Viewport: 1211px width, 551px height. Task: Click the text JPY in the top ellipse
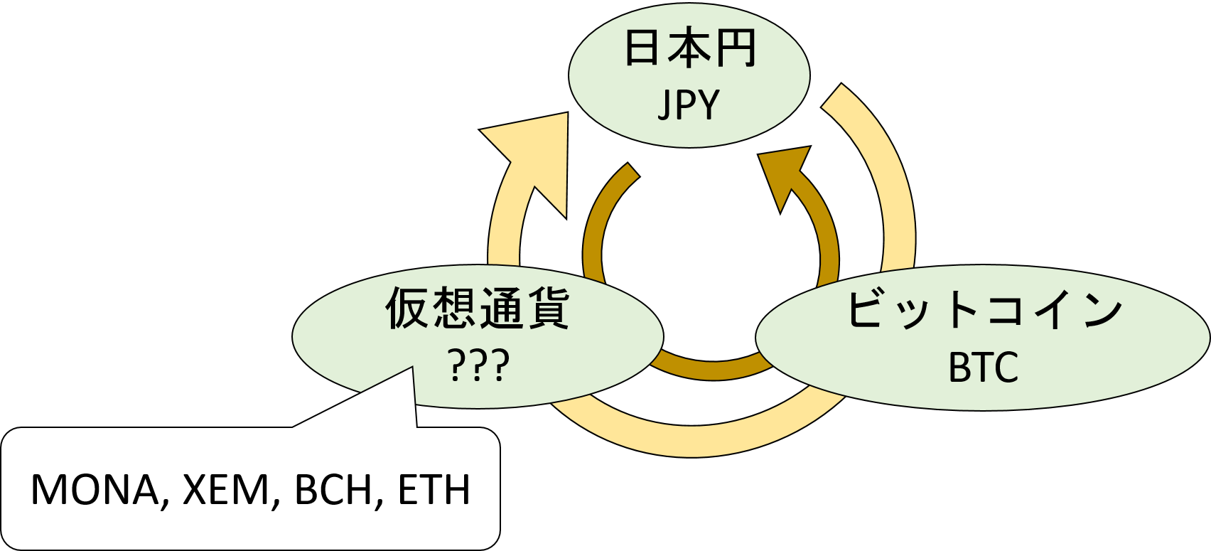tap(689, 105)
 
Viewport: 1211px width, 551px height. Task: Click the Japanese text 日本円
tap(689, 49)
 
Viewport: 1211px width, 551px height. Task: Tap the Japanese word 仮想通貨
tap(478, 309)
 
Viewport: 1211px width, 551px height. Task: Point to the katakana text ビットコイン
tap(984, 311)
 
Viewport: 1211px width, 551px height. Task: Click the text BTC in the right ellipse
tap(984, 368)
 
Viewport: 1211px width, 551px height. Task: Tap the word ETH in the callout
tap(434, 490)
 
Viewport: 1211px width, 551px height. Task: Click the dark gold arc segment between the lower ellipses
tap(711, 368)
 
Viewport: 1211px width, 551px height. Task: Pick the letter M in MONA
tap(48, 490)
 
